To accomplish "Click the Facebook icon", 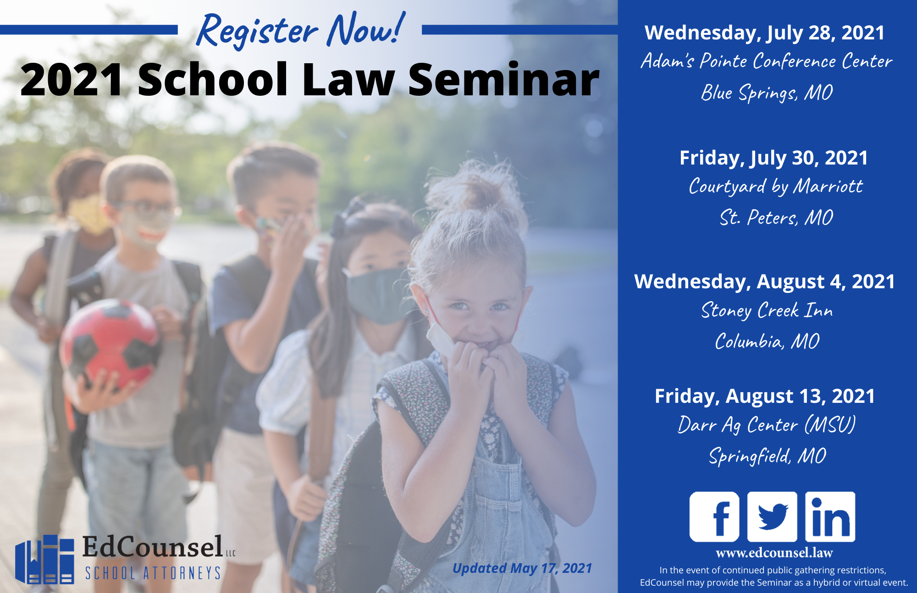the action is click(x=714, y=516).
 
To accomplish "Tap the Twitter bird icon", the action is click(x=772, y=516).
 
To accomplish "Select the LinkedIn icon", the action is click(x=830, y=516).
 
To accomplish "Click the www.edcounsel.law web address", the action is click(x=774, y=553).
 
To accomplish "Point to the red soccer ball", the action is click(x=109, y=345).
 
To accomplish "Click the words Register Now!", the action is click(x=301, y=30).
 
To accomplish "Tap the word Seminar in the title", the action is click(x=503, y=80).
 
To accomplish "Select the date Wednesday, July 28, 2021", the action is click(x=764, y=33).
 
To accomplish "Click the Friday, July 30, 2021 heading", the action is click(x=773, y=158).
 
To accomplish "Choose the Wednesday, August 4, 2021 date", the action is click(x=764, y=281).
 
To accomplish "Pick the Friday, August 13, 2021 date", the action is click(x=764, y=396).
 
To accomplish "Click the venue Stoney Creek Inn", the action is click(x=767, y=310).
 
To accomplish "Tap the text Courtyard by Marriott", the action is click(x=776, y=187).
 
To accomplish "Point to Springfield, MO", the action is click(x=768, y=456).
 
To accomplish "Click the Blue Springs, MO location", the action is click(x=767, y=93).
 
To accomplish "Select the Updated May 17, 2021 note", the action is click(x=522, y=568).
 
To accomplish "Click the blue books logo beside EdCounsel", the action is click(x=44, y=559).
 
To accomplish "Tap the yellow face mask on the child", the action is click(x=90, y=214).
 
